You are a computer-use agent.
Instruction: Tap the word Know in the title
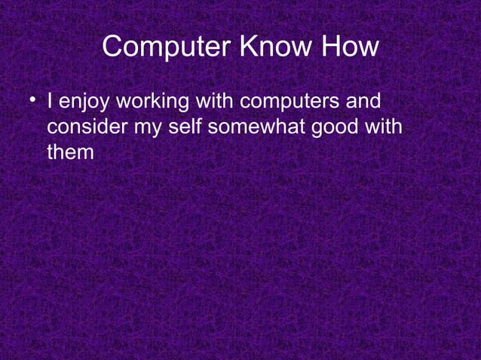click(x=277, y=48)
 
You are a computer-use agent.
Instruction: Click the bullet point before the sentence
click(x=32, y=99)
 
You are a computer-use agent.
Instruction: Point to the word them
click(x=70, y=153)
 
